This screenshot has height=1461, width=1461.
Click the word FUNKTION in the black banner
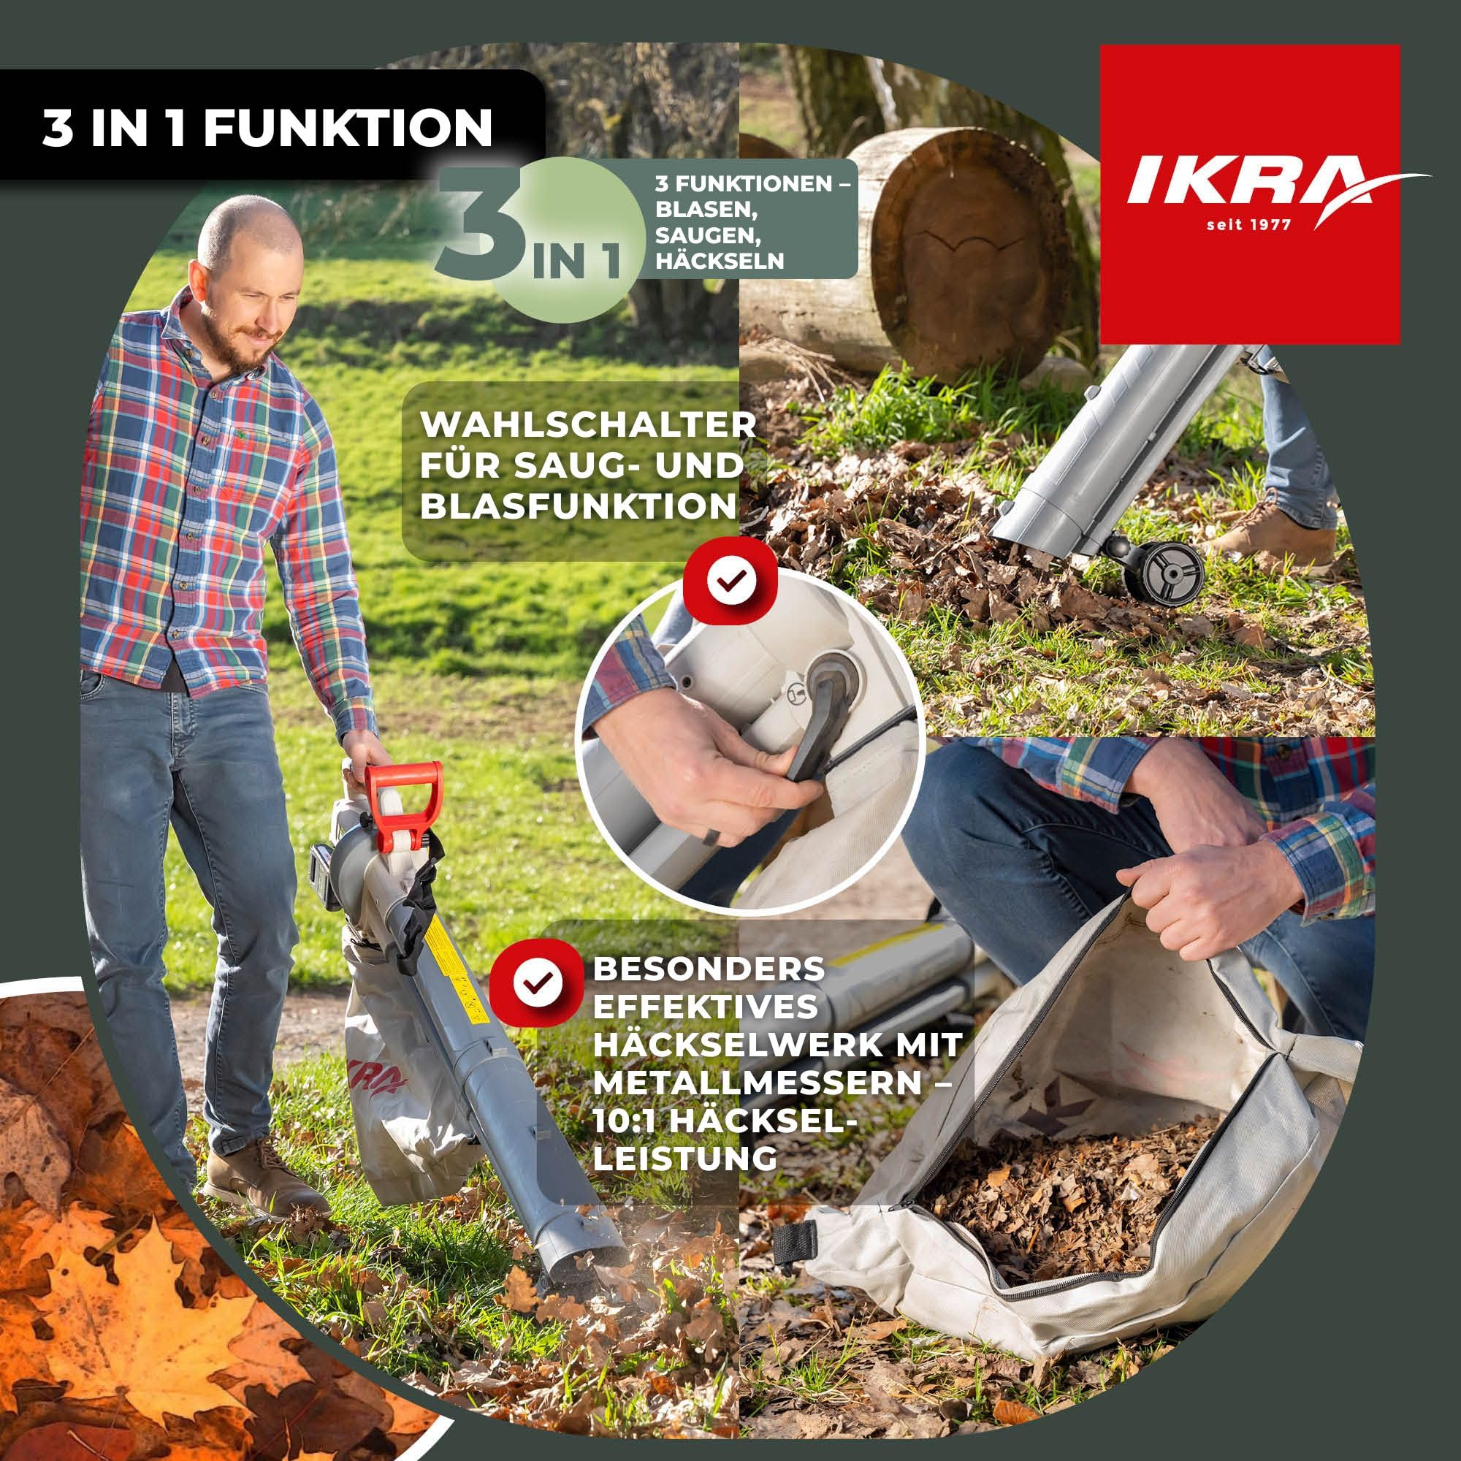point(347,128)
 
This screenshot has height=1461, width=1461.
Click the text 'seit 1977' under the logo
point(1248,225)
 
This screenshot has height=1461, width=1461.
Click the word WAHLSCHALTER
point(588,425)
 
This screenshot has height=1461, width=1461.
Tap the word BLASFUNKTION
point(579,507)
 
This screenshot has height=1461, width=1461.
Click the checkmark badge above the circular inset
point(730,580)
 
